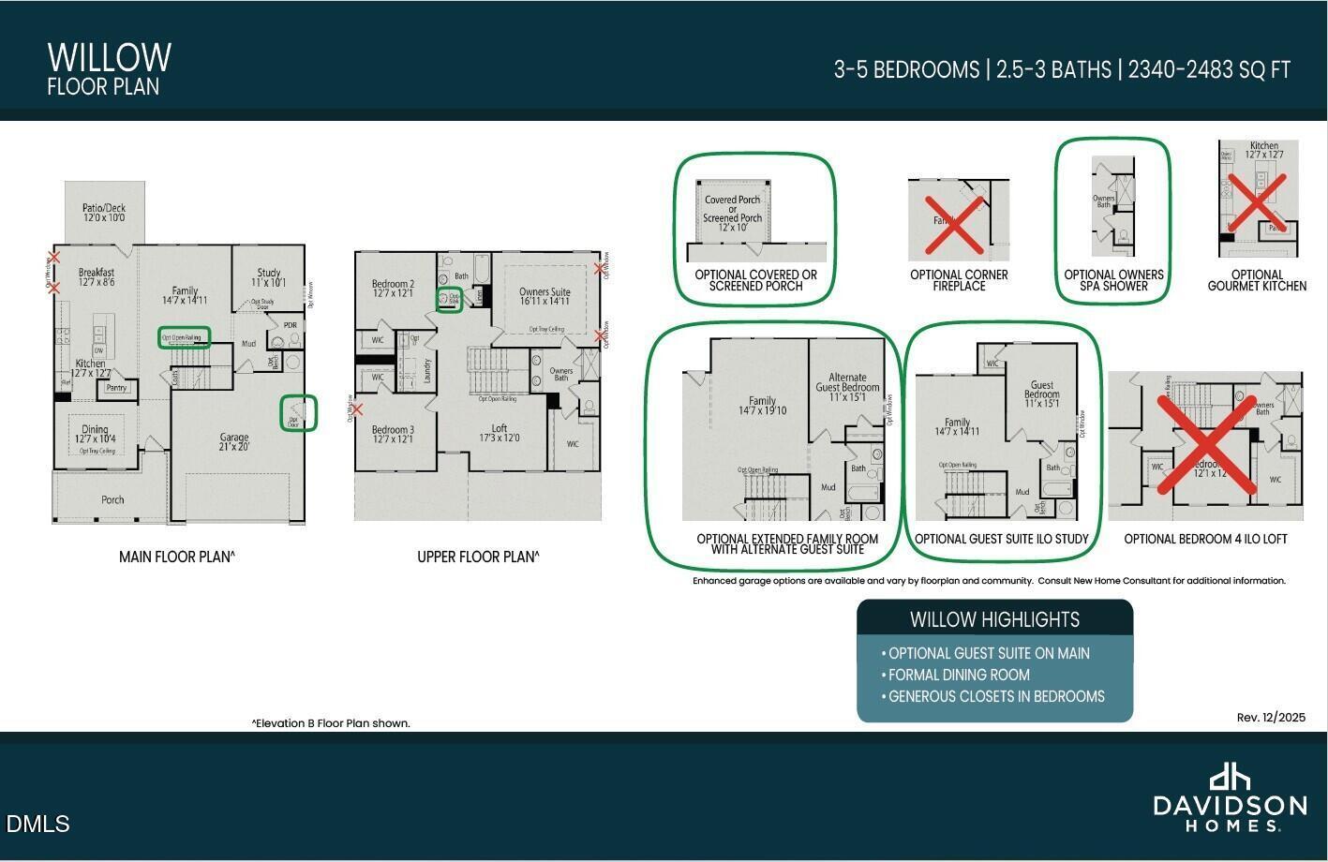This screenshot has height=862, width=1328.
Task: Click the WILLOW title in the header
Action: tap(109, 57)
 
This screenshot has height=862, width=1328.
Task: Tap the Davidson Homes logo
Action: tap(1229, 797)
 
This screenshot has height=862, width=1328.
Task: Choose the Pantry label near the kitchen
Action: tap(116, 387)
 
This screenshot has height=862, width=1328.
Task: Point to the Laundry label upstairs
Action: tap(427, 371)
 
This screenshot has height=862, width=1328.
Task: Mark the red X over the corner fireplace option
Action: tap(955, 225)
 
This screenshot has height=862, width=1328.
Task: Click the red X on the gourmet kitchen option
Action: tap(1258, 201)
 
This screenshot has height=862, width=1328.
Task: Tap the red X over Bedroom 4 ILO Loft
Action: tap(1205, 444)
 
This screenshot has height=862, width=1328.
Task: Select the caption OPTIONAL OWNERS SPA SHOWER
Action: tap(1113, 280)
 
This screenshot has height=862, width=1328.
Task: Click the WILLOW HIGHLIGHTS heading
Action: tap(994, 619)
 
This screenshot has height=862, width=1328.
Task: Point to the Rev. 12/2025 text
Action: tap(1270, 718)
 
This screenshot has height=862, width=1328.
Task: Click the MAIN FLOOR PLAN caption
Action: tap(176, 557)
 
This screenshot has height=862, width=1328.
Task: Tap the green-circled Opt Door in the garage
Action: tap(298, 413)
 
